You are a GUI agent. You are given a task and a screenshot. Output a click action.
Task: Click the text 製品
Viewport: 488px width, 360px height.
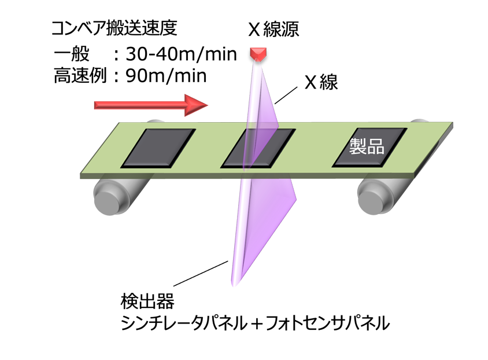(x=368, y=145)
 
